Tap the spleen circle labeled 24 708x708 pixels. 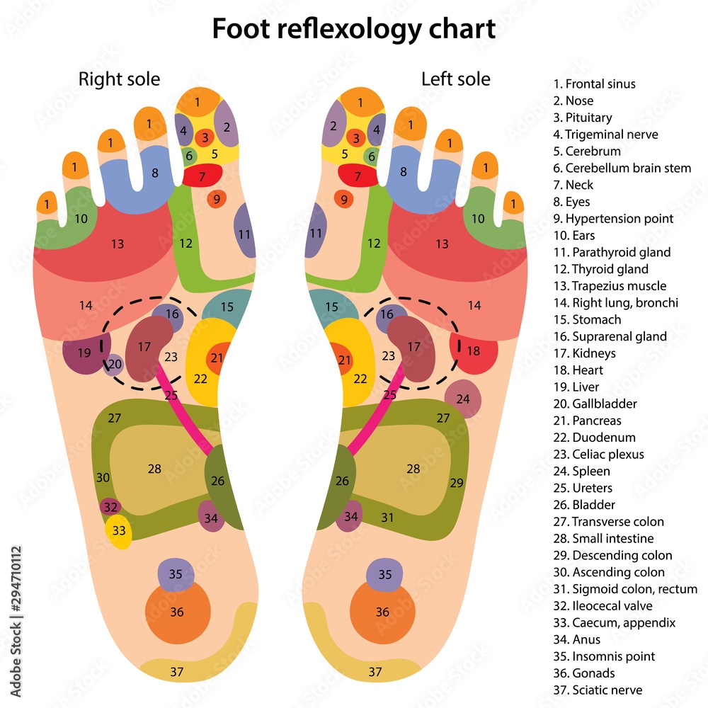[x=463, y=399]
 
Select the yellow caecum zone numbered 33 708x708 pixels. [x=119, y=531]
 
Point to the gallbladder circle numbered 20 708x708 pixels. [x=115, y=364]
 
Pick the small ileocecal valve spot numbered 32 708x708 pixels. [x=110, y=507]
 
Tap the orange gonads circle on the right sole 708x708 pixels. [x=177, y=612]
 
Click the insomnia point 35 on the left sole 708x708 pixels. [x=385, y=574]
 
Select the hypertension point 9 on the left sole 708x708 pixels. [x=344, y=200]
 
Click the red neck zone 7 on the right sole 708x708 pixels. [x=202, y=176]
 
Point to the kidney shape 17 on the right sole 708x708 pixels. [x=146, y=347]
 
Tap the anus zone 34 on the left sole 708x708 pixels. [x=350, y=516]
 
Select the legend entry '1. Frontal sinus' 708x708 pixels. [x=595, y=84]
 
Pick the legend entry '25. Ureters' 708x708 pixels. [x=583, y=488]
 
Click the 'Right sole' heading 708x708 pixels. [x=119, y=79]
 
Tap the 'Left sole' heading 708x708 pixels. [x=456, y=79]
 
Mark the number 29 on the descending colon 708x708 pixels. [x=457, y=483]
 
